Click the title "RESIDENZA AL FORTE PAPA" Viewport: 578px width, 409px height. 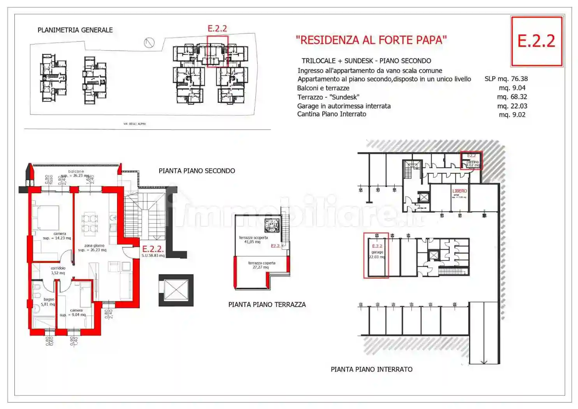[x=371, y=40]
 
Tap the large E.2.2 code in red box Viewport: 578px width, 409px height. [x=536, y=41]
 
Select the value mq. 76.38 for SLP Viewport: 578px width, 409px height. [x=506, y=79]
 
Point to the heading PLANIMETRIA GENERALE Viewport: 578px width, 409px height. [x=75, y=30]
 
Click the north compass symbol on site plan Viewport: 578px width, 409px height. [x=149, y=42]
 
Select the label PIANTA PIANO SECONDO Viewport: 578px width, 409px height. [x=197, y=171]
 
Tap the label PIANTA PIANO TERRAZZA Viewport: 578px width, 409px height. [x=267, y=305]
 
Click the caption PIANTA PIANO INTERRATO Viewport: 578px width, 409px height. [x=371, y=369]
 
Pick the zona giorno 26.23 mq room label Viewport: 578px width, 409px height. [x=93, y=248]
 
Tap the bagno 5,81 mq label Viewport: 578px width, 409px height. [x=48, y=302]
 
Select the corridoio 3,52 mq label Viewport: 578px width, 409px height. [x=58, y=270]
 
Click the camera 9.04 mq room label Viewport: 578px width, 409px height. [x=75, y=313]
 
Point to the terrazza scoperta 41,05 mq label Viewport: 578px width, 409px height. [x=253, y=240]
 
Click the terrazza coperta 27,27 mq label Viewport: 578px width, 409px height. [x=262, y=265]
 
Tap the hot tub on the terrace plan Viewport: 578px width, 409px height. [x=272, y=225]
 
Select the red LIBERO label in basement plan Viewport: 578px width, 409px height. [x=459, y=191]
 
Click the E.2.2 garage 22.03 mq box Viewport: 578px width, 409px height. [x=376, y=255]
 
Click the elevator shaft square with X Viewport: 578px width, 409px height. [x=176, y=290]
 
